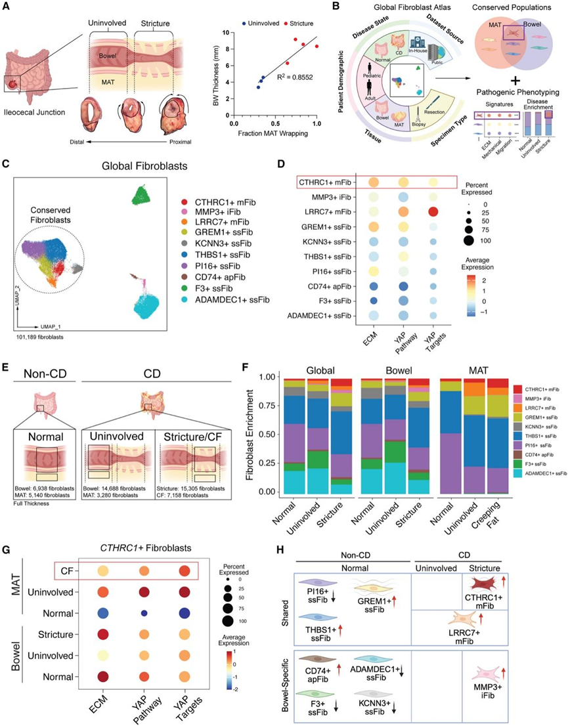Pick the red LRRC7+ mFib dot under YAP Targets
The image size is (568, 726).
click(x=432, y=211)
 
